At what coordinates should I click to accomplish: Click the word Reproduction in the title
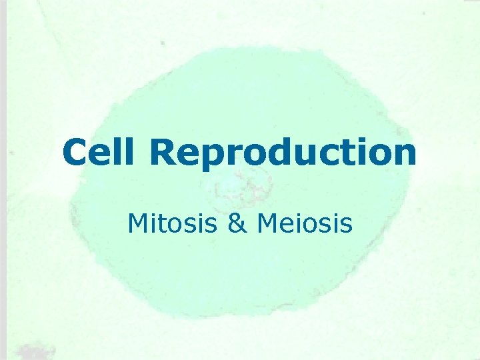[x=283, y=153]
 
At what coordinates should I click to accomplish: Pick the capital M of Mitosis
[x=138, y=223]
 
